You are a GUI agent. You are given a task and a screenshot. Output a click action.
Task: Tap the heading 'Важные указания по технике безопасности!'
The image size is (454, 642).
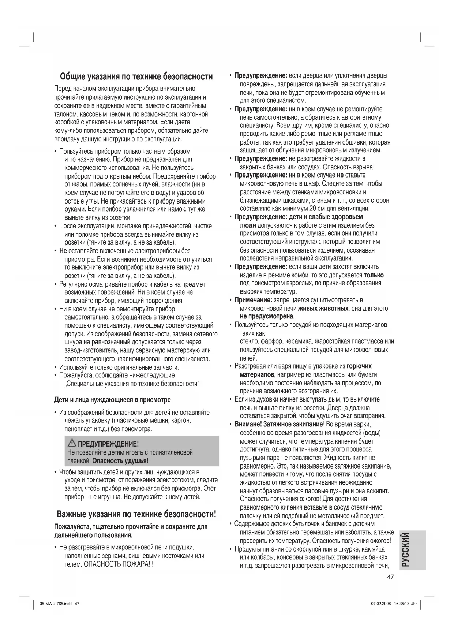point(136,514)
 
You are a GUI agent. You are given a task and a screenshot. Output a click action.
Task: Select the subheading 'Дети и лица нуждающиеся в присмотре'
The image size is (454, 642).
point(112,399)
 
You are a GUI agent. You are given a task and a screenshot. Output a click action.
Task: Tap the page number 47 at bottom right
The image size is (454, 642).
point(390,577)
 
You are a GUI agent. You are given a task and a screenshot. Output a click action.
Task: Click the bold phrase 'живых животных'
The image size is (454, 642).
point(323,309)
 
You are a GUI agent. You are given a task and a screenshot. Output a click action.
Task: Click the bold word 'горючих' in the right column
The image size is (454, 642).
point(359,366)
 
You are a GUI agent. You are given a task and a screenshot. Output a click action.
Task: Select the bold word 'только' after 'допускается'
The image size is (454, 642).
point(374,275)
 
